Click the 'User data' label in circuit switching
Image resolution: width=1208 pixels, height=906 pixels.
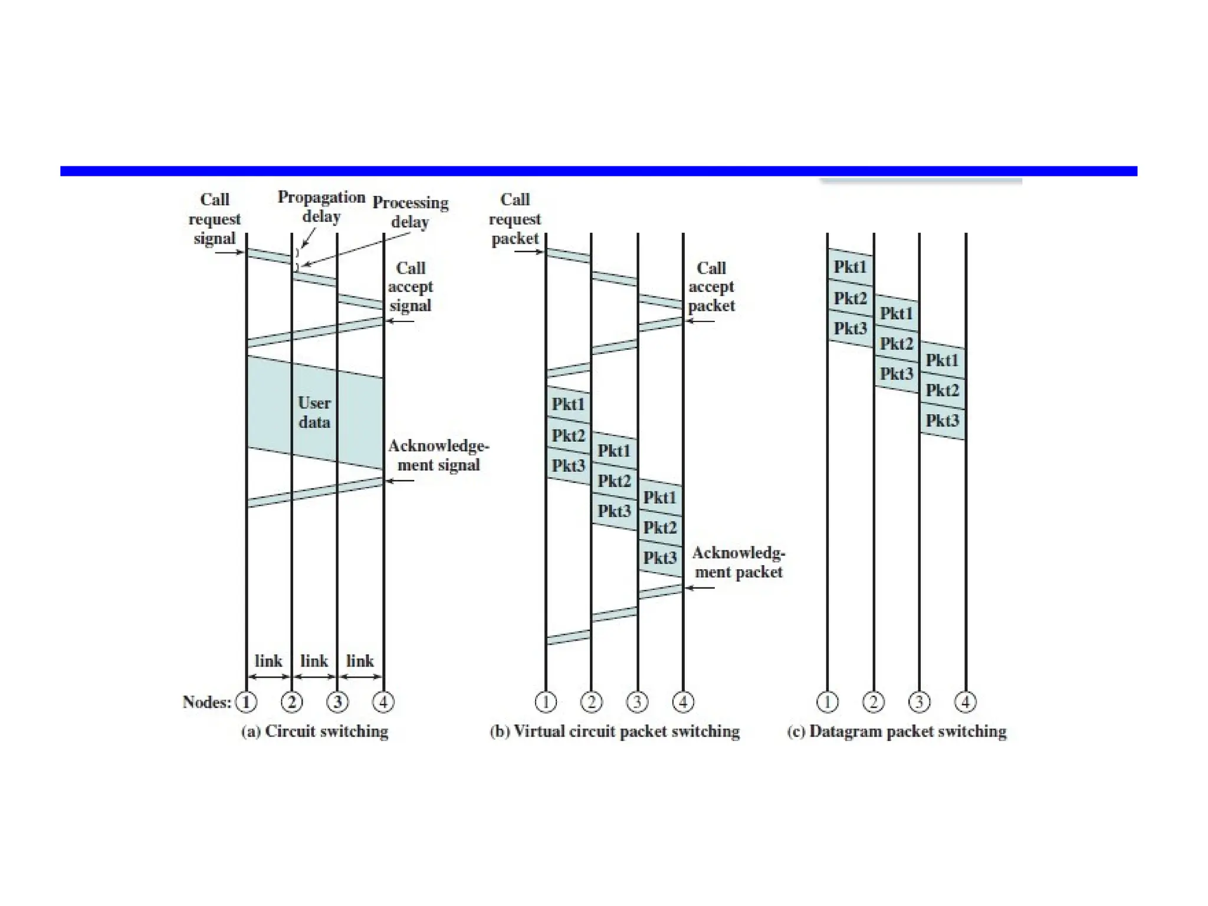click(314, 412)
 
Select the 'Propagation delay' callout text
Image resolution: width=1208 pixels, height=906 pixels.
click(321, 206)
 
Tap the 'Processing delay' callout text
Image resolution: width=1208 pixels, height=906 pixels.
click(411, 212)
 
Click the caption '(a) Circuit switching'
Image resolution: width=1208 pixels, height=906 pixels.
click(314, 731)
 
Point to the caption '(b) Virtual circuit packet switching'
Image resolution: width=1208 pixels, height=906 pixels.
click(614, 731)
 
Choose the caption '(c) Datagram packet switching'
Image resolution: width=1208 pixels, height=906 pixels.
click(897, 731)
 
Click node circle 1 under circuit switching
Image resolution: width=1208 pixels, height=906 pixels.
click(246, 702)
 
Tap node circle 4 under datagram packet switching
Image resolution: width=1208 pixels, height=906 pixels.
click(965, 702)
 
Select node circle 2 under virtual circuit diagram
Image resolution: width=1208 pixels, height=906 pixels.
click(591, 702)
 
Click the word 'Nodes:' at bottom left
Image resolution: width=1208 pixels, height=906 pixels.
click(206, 702)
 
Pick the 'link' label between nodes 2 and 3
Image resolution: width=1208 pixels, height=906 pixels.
click(314, 661)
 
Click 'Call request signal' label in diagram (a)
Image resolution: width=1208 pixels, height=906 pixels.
click(214, 219)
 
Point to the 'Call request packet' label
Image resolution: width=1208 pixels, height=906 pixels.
click(514, 219)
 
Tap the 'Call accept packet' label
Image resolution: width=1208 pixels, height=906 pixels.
click(711, 287)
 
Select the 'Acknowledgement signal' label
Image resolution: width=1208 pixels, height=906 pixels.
click(438, 455)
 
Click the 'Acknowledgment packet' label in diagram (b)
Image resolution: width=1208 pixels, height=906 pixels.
click(738, 562)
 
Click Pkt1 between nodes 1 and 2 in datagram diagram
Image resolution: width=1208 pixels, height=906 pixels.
click(850, 267)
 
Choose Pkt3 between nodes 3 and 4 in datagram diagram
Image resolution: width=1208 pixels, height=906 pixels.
click(942, 421)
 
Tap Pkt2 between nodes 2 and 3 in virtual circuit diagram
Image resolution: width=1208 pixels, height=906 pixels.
click(614, 481)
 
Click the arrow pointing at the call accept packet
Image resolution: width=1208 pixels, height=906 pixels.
click(700, 321)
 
